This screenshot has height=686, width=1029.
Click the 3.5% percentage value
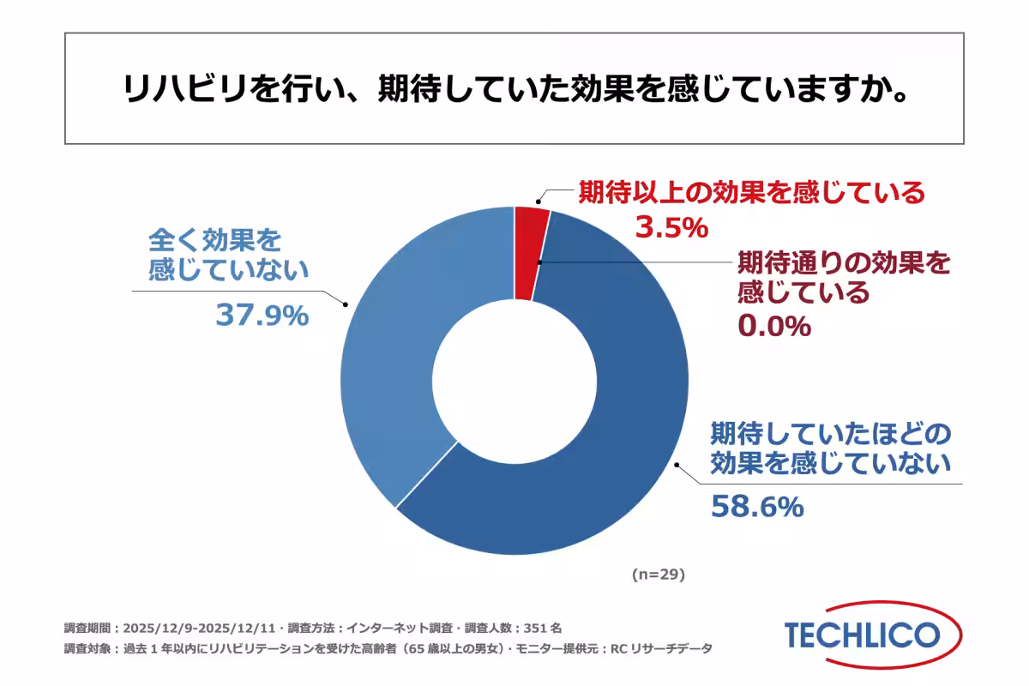671,227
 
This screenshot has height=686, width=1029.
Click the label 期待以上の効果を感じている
751,192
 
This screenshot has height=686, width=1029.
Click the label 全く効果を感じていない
227,254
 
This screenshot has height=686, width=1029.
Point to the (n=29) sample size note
658,574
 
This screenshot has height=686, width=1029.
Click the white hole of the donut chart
514,381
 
